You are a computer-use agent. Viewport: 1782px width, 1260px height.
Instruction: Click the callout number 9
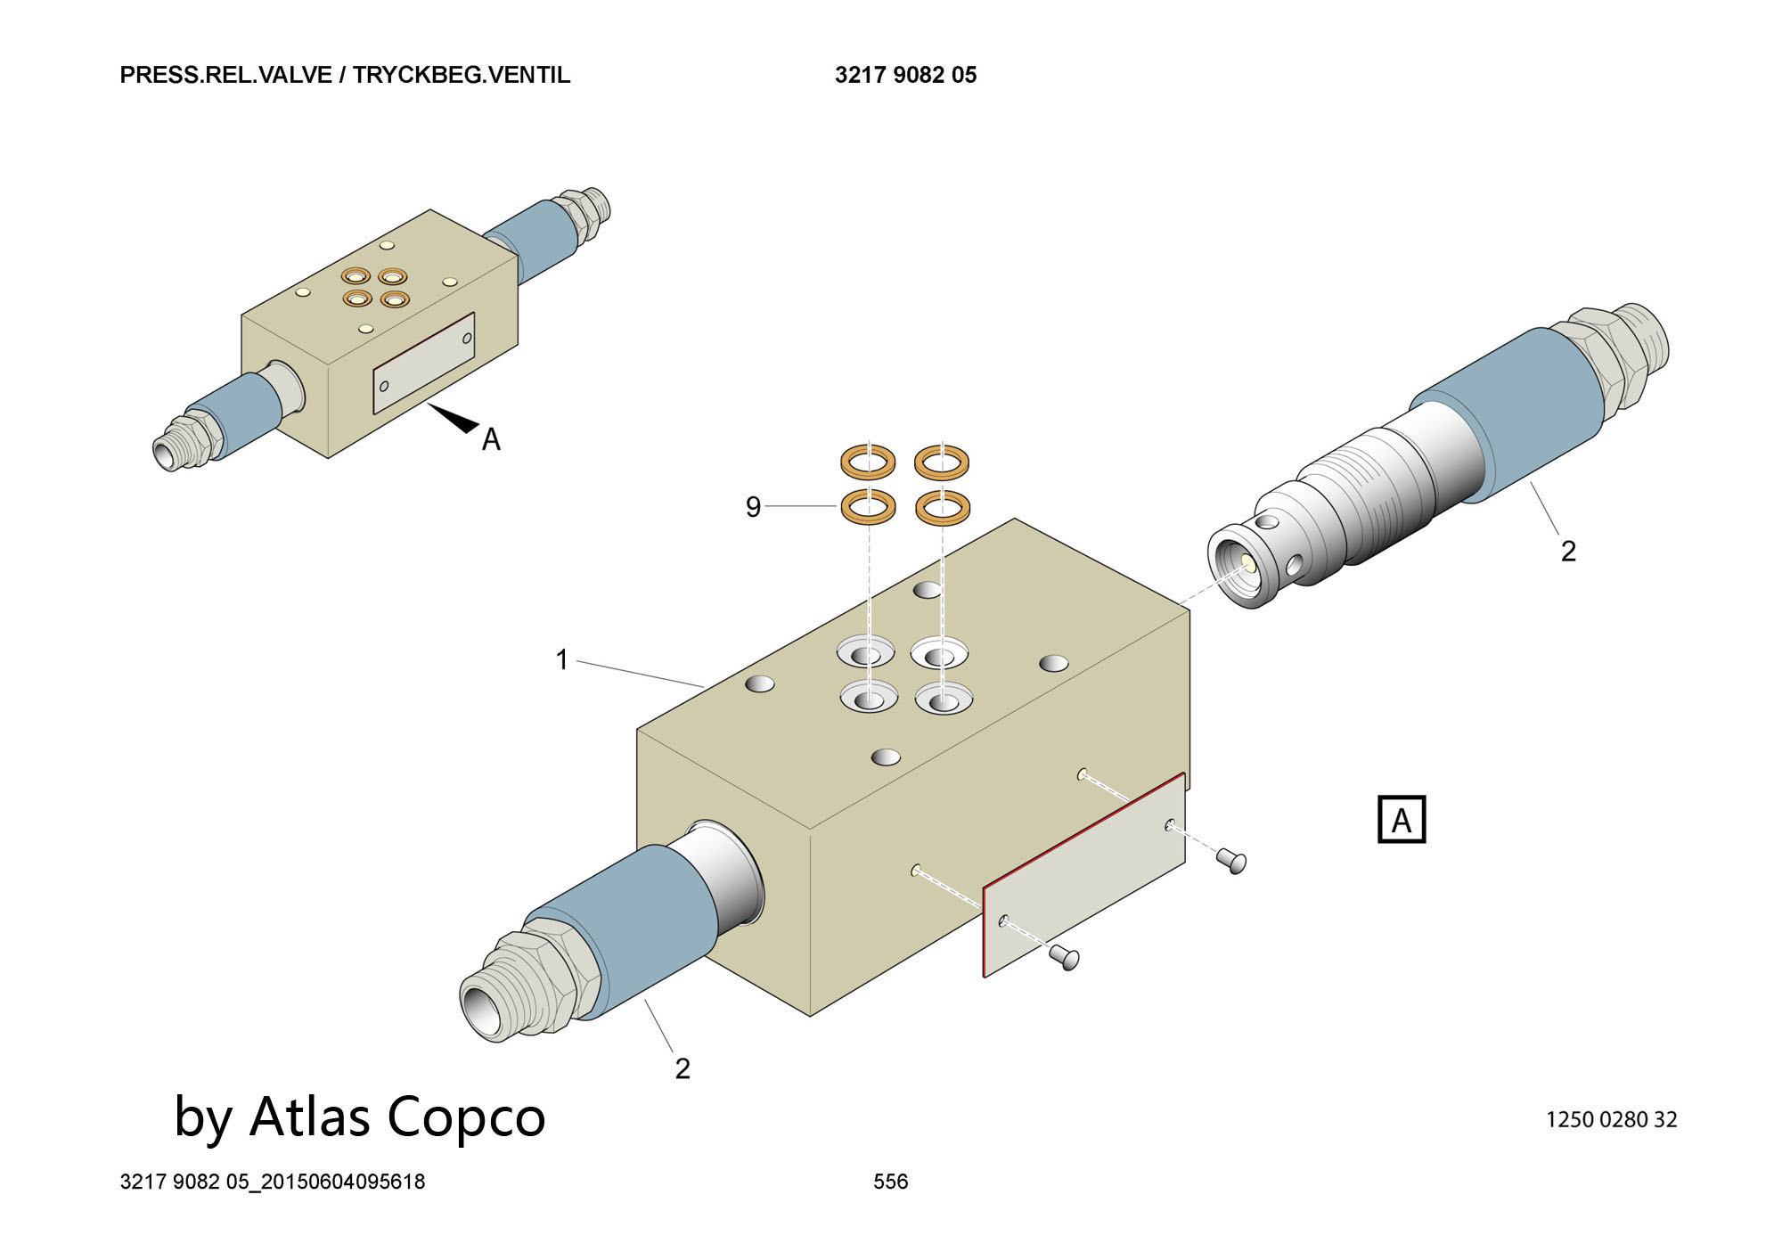(x=753, y=507)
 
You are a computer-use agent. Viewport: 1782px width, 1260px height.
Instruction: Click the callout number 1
(x=561, y=659)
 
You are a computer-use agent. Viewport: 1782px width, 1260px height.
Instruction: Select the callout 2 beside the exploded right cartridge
(x=1568, y=551)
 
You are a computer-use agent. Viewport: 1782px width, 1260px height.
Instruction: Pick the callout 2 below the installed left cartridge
(x=683, y=1068)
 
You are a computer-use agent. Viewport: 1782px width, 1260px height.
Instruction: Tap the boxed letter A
(x=1401, y=820)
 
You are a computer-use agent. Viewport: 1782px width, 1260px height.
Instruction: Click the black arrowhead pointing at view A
(x=458, y=419)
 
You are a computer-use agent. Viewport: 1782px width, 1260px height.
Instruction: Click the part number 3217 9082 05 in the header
(x=905, y=75)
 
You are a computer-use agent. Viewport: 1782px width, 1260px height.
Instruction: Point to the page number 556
(x=890, y=1182)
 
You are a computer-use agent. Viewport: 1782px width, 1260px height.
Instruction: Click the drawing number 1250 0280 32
(x=1611, y=1119)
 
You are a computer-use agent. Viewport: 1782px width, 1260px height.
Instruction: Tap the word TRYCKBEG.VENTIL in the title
(x=462, y=75)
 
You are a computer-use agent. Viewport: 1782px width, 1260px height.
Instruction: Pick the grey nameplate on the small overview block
(x=423, y=363)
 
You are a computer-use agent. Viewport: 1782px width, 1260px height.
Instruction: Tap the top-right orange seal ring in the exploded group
(x=943, y=462)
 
